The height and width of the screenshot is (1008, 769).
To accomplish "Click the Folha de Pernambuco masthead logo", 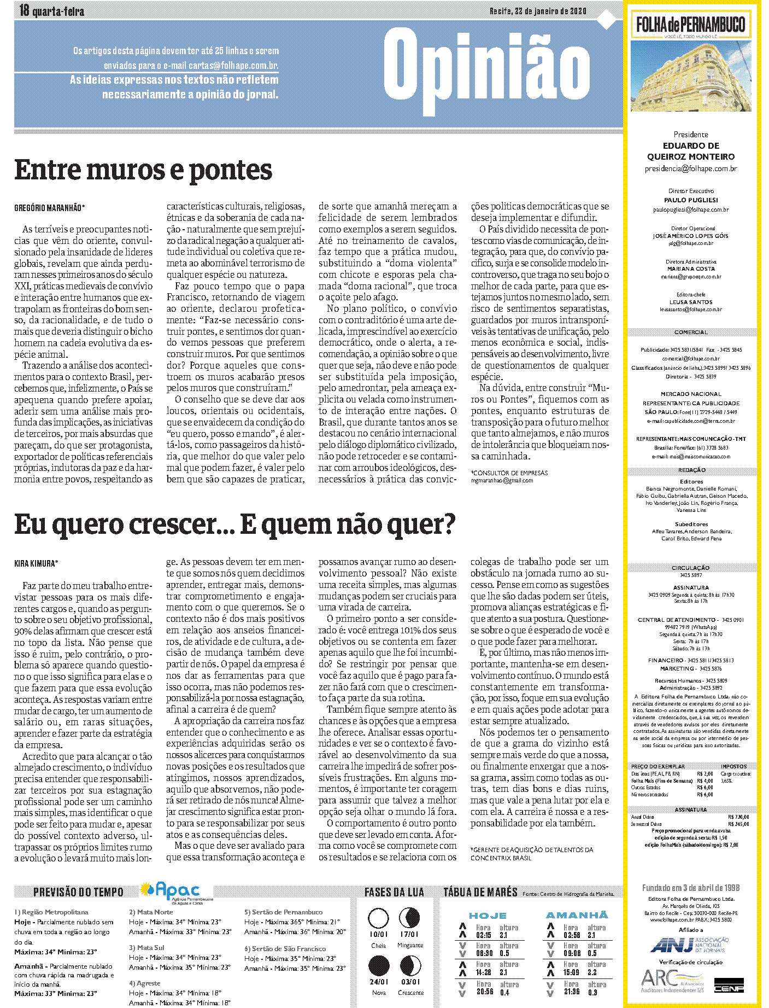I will tap(690, 25).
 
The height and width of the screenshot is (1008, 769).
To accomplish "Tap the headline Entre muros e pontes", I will tap(143, 170).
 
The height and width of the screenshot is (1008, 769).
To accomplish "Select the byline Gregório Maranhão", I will tap(49, 208).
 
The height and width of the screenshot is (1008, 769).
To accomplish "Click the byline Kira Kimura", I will tap(36, 563).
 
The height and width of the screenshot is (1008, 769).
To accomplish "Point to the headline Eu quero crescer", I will tap(234, 525).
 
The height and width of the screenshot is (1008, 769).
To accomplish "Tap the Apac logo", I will tap(176, 892).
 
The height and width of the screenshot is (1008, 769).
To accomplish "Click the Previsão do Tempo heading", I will tap(78, 892).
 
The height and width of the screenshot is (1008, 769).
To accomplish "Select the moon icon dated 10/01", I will tap(378, 918).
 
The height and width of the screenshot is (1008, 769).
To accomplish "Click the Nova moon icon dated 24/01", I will tap(379, 966).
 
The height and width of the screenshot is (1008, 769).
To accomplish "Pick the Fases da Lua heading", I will tap(394, 892).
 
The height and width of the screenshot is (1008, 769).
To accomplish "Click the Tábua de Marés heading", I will tap(480, 892).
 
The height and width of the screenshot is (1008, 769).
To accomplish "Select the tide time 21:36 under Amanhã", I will tap(571, 992).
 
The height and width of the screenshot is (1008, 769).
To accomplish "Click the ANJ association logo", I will tap(690, 945).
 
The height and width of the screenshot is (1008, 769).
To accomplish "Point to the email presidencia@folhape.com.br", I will tap(690, 169).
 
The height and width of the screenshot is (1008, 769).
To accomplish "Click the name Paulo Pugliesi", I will tap(691, 200).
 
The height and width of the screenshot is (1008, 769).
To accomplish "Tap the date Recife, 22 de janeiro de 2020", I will tap(537, 11).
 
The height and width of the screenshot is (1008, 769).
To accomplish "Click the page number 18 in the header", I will tap(24, 10).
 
